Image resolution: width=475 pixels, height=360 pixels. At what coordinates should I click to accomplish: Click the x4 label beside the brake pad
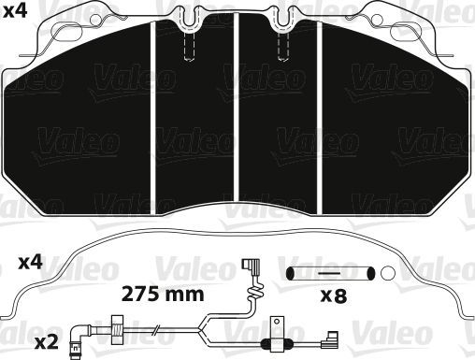pos(16,14)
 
